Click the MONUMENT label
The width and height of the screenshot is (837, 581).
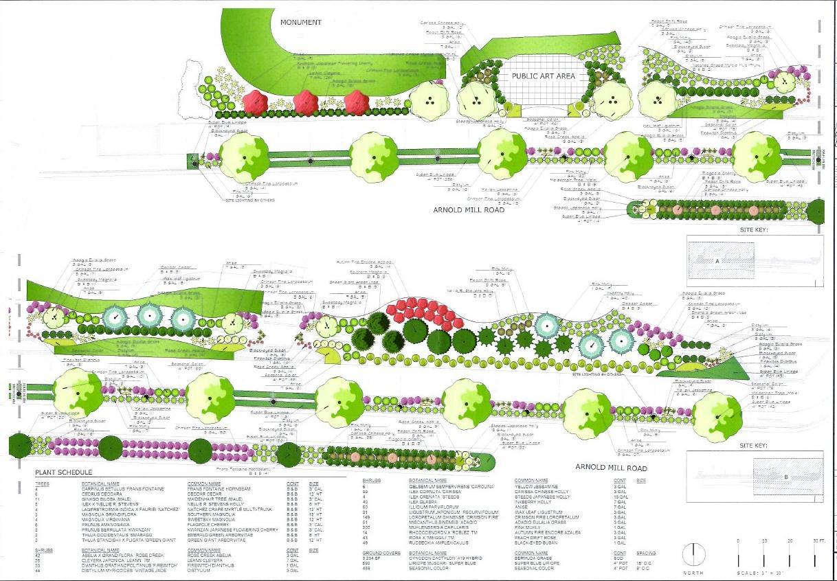pos(301,23)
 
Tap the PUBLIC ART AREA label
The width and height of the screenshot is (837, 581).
pos(543,76)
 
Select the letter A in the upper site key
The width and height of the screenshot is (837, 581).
pos(717,262)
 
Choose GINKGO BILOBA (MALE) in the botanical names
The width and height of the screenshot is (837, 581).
pos(103,498)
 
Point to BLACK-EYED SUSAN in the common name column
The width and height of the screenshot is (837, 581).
pos(537,541)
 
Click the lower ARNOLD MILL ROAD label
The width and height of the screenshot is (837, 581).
pos(611,468)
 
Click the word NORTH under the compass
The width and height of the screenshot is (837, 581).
pos(694,572)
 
